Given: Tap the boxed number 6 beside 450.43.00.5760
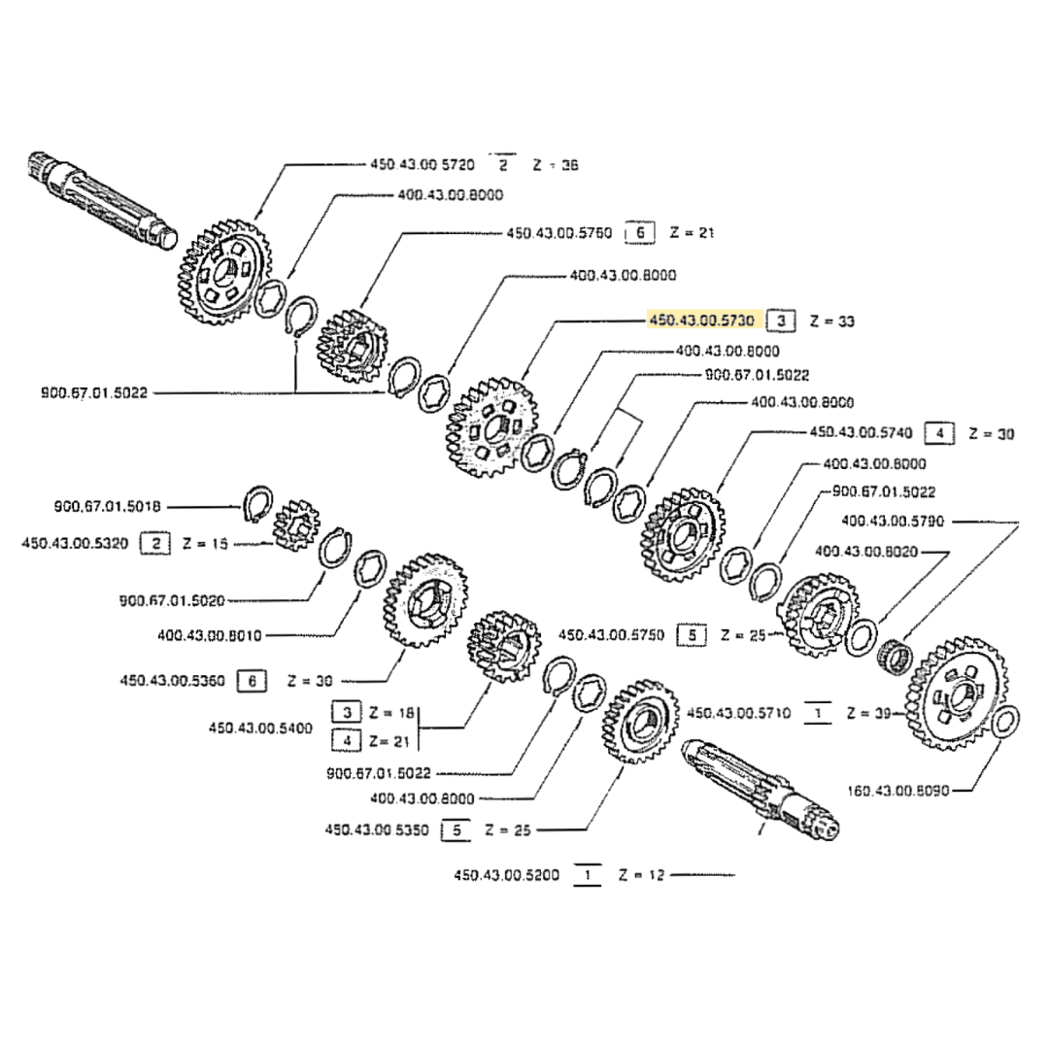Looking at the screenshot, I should pyautogui.click(x=638, y=233).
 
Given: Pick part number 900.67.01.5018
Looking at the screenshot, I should pyautogui.click(x=108, y=506).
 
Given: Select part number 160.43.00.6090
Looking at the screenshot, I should pyautogui.click(x=897, y=791).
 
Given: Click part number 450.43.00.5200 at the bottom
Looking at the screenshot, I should pyautogui.click(x=506, y=875).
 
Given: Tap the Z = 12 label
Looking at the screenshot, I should pyautogui.click(x=640, y=875).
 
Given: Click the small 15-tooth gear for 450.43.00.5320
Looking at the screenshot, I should pyautogui.click(x=295, y=527).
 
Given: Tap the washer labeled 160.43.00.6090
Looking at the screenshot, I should pyautogui.click(x=1006, y=722).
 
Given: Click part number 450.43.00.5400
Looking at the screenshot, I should pyautogui.click(x=261, y=727).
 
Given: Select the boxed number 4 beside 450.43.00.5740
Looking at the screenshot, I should pyautogui.click(x=938, y=433).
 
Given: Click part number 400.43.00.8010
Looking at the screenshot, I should pyautogui.click(x=210, y=635).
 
